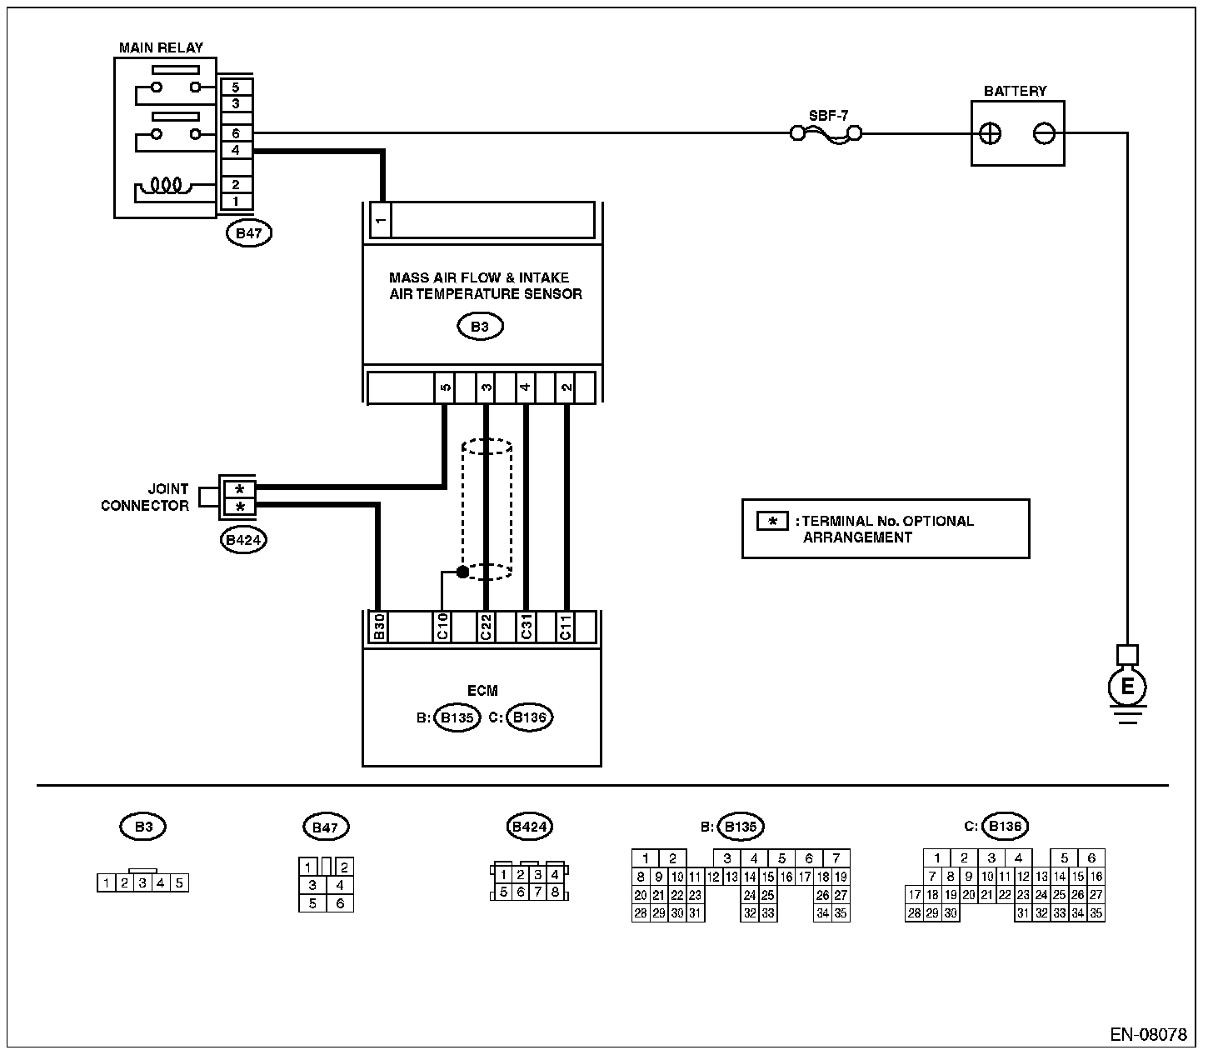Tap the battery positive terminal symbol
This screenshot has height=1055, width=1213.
point(990,133)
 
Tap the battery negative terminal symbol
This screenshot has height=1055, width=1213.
point(1044,133)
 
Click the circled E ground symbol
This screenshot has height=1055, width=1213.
point(1126,687)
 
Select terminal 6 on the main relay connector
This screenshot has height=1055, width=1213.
point(236,133)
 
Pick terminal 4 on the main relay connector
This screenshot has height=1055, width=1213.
point(236,150)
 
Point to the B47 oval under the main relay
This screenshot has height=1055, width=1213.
point(249,233)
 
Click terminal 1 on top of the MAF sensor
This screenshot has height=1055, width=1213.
point(381,220)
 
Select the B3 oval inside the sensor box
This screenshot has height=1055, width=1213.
point(480,327)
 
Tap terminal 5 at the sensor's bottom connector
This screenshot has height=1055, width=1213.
point(445,387)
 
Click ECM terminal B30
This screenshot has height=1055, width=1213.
point(379,627)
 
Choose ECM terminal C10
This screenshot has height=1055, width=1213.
point(442,627)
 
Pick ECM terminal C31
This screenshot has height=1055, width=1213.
point(526,627)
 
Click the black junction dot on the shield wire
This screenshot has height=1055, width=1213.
point(463,572)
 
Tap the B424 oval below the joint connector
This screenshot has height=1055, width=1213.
point(243,540)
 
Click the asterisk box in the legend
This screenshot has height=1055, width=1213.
point(772,522)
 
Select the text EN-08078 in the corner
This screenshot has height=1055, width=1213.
point(1148,1034)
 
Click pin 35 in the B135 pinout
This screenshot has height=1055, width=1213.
point(841,913)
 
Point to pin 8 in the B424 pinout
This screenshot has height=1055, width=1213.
point(555,892)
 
